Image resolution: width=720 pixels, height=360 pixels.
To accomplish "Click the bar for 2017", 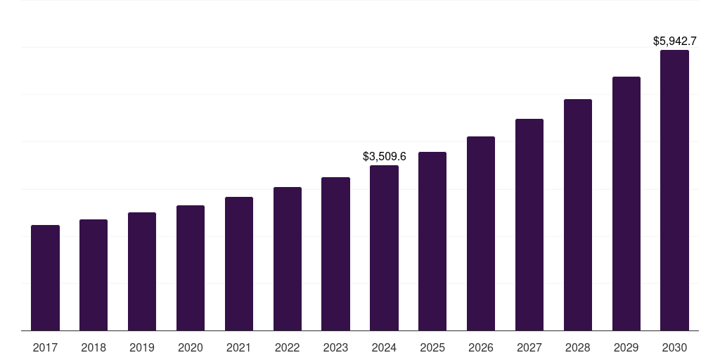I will point(45,278).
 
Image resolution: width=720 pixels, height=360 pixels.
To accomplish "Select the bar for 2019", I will point(142,271).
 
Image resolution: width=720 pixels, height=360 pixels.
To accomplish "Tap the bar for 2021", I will point(239,264).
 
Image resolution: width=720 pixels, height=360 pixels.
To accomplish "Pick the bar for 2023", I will point(335,254).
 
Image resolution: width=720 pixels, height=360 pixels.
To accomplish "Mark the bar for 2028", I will point(578,214).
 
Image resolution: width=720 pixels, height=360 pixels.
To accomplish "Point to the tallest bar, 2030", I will point(674,190).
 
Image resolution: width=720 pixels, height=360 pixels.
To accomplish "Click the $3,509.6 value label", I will point(384,156).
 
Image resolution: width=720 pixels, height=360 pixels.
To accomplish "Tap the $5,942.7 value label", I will point(674,41).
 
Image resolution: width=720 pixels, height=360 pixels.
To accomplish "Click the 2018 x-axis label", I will point(94,347).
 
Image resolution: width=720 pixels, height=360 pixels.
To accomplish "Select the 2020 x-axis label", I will point(191,347).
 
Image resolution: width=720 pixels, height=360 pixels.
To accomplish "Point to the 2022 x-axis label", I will point(287,347).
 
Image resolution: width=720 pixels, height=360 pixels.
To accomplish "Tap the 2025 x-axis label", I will point(432,347).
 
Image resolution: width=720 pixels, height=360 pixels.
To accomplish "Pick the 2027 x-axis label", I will point(529,347).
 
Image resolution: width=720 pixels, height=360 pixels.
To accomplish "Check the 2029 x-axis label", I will point(626,347).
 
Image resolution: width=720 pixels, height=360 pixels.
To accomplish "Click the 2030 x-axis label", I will point(674,347).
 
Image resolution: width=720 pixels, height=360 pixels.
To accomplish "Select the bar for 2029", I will point(626,203).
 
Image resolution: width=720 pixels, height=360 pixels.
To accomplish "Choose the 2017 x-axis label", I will point(45,347).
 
